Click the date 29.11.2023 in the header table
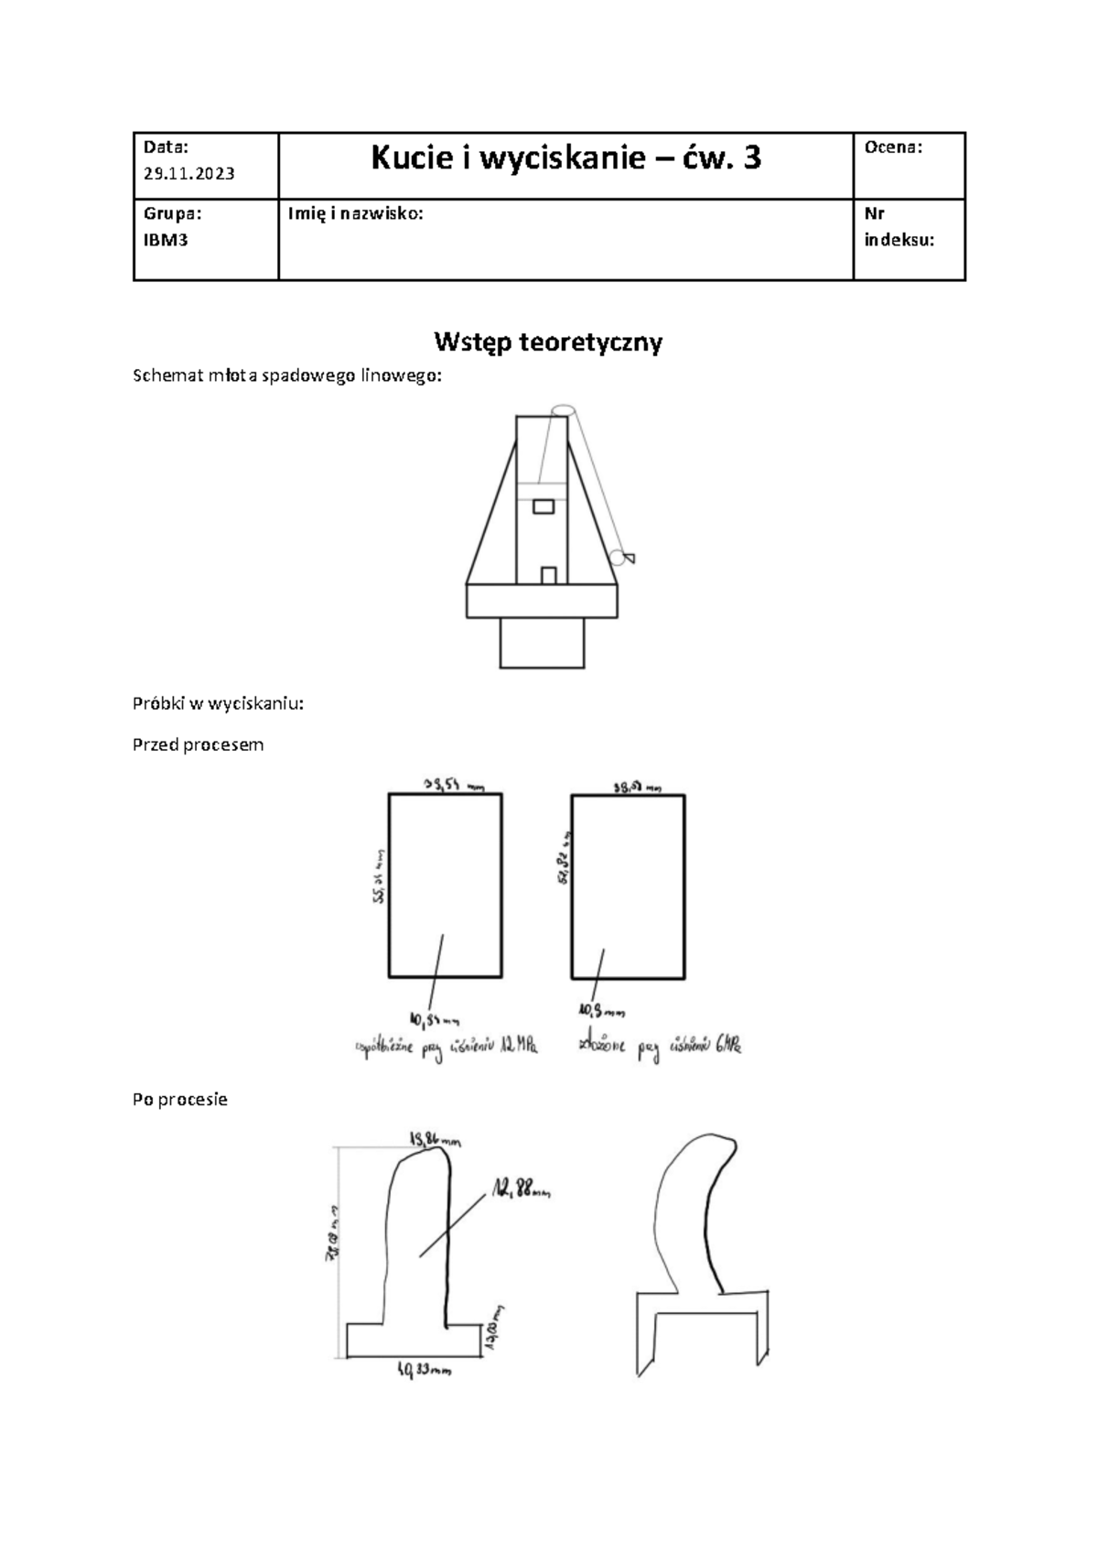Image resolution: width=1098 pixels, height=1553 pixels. tap(188, 174)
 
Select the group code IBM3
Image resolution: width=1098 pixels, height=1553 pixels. tap(166, 241)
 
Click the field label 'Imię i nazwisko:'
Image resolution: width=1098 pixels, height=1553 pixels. tap(355, 214)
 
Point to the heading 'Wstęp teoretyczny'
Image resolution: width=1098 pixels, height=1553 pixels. tap(548, 342)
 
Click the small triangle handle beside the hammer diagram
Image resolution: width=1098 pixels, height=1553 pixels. tap(629, 558)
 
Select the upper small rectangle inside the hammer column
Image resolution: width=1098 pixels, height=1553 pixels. tap(544, 506)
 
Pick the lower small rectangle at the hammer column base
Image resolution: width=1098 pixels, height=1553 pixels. tap(549, 576)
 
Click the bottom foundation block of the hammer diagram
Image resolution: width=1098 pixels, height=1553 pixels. tap(542, 642)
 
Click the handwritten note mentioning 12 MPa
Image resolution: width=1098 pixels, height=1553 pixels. tap(446, 1047)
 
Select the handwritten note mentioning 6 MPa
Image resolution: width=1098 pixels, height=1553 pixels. tap(659, 1046)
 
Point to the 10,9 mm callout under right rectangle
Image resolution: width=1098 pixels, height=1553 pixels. tap(600, 1011)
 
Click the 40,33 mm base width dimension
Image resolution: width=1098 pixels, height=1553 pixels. tap(424, 1371)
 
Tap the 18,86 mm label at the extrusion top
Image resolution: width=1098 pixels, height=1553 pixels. tap(436, 1140)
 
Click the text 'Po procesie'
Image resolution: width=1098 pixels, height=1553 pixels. tap(180, 1099)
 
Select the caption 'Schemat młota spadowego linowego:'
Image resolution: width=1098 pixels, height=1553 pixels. tap(287, 376)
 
